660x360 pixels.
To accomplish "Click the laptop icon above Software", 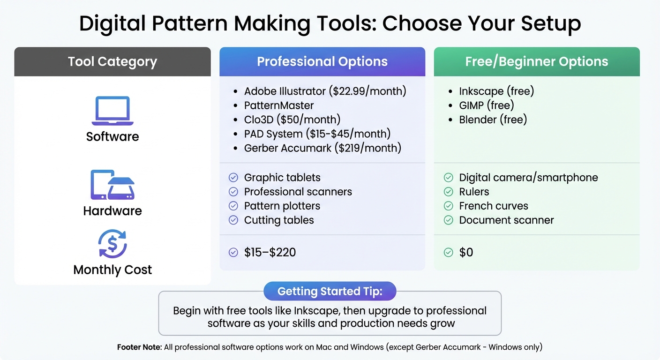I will [112, 111].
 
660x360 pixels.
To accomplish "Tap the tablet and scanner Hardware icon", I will [112, 185].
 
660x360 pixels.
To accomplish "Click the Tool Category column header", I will [112, 61].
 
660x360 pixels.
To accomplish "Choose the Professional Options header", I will [322, 61].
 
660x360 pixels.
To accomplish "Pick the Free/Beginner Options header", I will [536, 61].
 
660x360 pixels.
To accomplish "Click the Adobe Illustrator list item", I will [325, 91].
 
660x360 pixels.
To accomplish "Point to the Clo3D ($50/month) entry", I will [292, 120].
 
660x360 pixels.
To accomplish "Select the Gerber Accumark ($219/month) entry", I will [322, 148].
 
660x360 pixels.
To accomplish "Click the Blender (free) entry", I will [493, 120].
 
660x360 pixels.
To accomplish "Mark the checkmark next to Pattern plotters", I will [233, 206].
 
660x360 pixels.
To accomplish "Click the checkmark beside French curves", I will [449, 206].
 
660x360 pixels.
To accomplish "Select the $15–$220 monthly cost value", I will [270, 252].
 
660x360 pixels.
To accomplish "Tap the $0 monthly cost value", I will [466, 252].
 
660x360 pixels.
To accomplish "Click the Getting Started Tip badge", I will [330, 291].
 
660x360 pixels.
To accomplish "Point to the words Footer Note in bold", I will [139, 347].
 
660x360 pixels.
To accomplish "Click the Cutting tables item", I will [279, 220].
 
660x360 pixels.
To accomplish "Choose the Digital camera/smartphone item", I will [528, 177].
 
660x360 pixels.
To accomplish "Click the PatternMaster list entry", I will [279, 105].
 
